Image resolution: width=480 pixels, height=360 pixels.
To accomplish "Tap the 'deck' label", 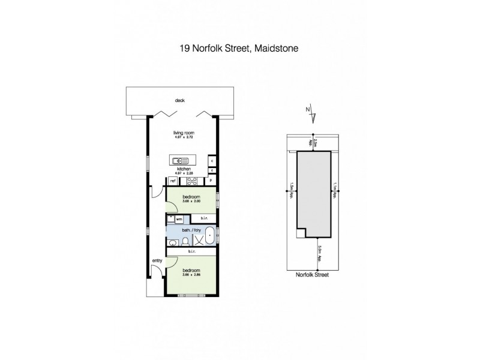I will click(x=178, y=100).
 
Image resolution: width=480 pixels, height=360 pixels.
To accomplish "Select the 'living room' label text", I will click(x=184, y=133).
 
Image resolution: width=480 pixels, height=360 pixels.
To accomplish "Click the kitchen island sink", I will click(x=181, y=160).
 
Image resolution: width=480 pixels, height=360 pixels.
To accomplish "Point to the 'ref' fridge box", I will click(x=173, y=181).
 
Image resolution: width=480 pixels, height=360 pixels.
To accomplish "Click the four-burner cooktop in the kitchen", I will click(x=193, y=181).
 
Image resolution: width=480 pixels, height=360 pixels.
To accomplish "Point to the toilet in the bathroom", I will click(x=187, y=242).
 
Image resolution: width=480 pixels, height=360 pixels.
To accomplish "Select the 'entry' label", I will click(x=157, y=260).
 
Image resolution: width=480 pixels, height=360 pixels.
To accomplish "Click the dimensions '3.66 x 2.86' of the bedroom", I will click(x=191, y=275).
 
